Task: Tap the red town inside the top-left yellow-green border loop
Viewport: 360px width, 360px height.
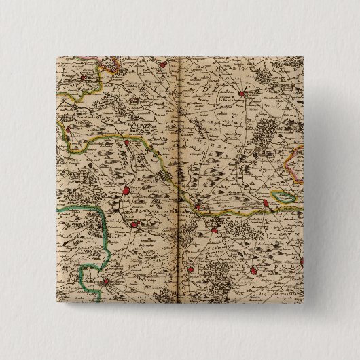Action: tap(83, 79)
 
